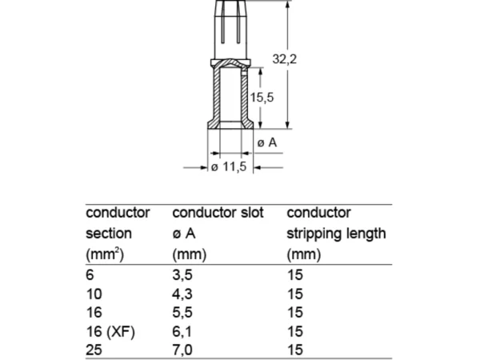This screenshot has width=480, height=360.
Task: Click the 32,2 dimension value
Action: click(x=284, y=58)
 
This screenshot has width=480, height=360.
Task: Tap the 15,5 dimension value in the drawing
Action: click(x=262, y=98)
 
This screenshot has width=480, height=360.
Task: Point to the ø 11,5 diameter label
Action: click(x=229, y=167)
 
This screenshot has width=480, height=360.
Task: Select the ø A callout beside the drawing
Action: click(x=267, y=142)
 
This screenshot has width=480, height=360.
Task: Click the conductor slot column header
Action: click(x=218, y=213)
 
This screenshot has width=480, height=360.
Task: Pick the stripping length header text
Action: click(x=336, y=234)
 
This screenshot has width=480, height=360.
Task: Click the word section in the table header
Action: click(x=109, y=234)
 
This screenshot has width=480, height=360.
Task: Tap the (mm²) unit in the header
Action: click(x=105, y=254)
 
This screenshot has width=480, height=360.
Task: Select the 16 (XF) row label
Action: click(x=110, y=331)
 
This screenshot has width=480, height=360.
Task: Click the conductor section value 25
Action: click(x=94, y=350)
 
